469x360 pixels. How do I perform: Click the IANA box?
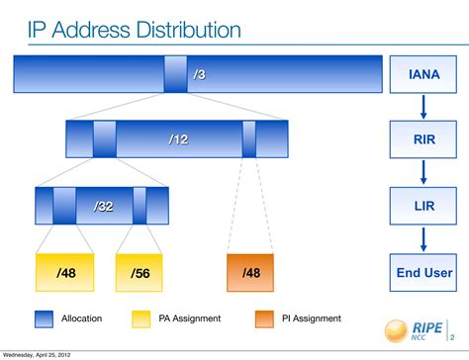(x=422, y=74)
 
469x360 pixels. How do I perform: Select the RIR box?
(x=422, y=138)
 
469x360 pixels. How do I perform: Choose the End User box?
(x=422, y=271)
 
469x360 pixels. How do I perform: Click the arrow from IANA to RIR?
(x=422, y=106)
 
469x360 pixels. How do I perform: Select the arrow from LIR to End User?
(x=422, y=237)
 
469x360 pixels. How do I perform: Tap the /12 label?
(x=178, y=139)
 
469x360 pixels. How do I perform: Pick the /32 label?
(x=104, y=206)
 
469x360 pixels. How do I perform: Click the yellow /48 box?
(x=65, y=272)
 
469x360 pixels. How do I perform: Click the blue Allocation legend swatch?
(x=44, y=318)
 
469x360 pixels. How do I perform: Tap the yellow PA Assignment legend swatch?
(x=141, y=318)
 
